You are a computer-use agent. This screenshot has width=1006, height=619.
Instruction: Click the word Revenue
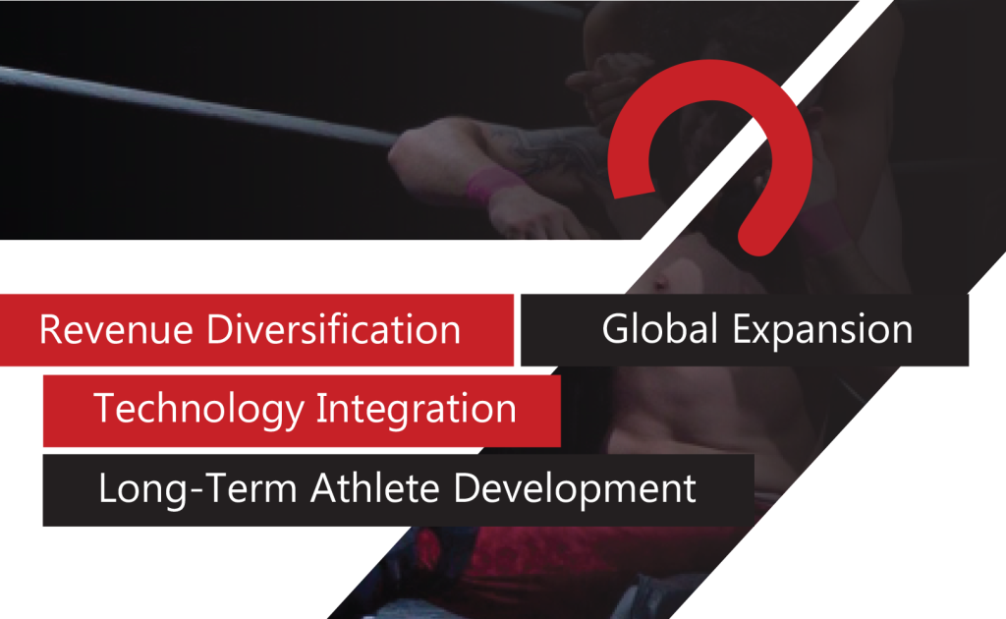(116, 330)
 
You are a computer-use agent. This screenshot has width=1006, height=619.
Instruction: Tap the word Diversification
(334, 330)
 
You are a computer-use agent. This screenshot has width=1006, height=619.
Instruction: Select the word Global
(659, 329)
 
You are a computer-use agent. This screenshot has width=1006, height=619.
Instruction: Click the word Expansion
(822, 331)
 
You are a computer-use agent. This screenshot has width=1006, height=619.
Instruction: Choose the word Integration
(417, 410)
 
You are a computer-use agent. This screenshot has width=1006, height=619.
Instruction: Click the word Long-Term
(197, 489)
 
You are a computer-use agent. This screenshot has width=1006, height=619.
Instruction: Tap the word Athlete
(375, 488)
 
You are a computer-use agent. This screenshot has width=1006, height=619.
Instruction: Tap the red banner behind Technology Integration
(302, 411)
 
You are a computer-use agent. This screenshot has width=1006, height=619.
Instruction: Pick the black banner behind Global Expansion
(745, 330)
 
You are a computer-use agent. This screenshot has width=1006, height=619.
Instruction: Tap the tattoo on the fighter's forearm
(545, 147)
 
